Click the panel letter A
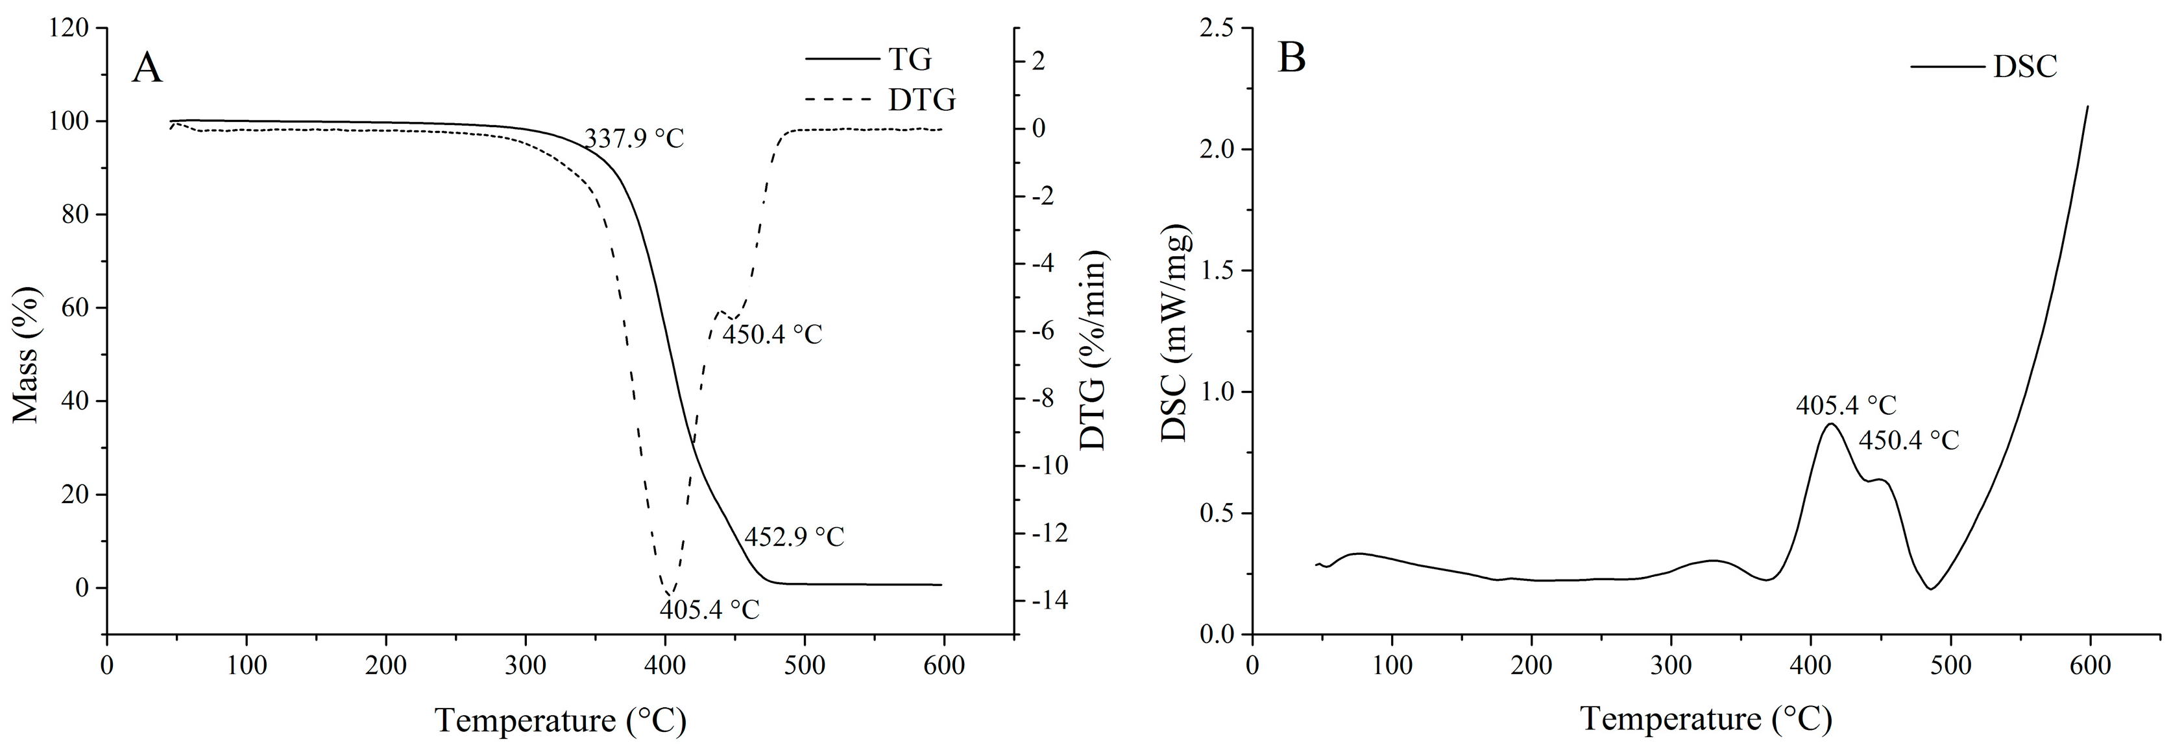point(147,68)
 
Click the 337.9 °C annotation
point(634,138)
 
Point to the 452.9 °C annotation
point(794,536)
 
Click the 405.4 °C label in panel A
point(710,609)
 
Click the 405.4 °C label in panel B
point(1846,406)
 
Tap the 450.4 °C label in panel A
point(771,335)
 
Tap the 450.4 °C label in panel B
point(1909,440)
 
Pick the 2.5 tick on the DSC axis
point(1215,29)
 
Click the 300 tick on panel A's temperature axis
point(526,665)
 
